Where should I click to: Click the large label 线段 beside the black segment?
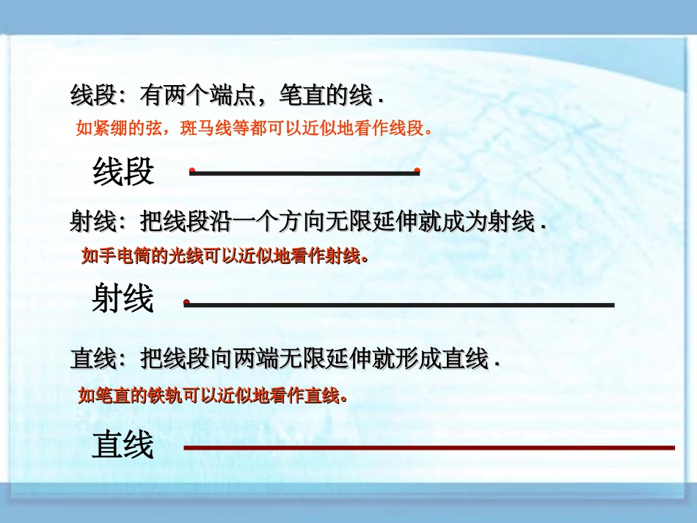pos(123,172)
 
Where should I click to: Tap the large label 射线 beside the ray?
pos(123,299)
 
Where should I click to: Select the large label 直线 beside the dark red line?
pos(123,445)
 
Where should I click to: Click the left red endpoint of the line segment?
pos(191,171)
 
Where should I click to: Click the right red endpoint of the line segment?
pos(417,171)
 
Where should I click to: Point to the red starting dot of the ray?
pos(187,302)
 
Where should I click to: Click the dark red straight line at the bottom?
pos(428,447)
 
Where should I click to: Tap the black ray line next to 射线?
pos(400,304)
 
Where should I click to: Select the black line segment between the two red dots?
pos(304,172)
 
